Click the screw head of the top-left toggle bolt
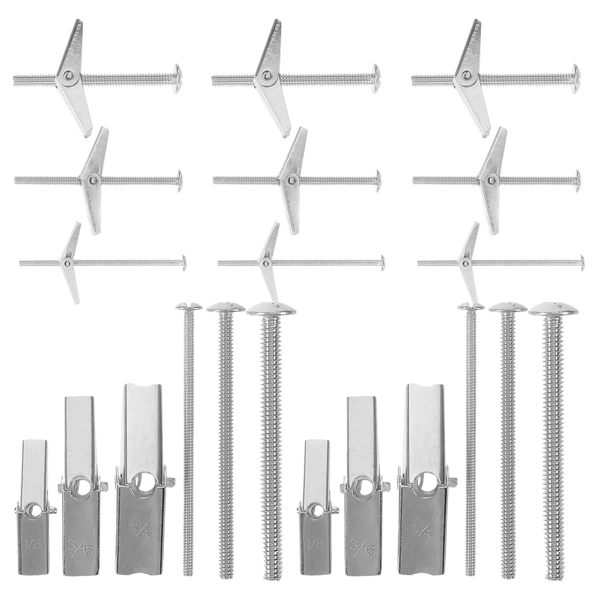click(178, 79)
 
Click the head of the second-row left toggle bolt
click(180, 180)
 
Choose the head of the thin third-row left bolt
click(184, 262)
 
